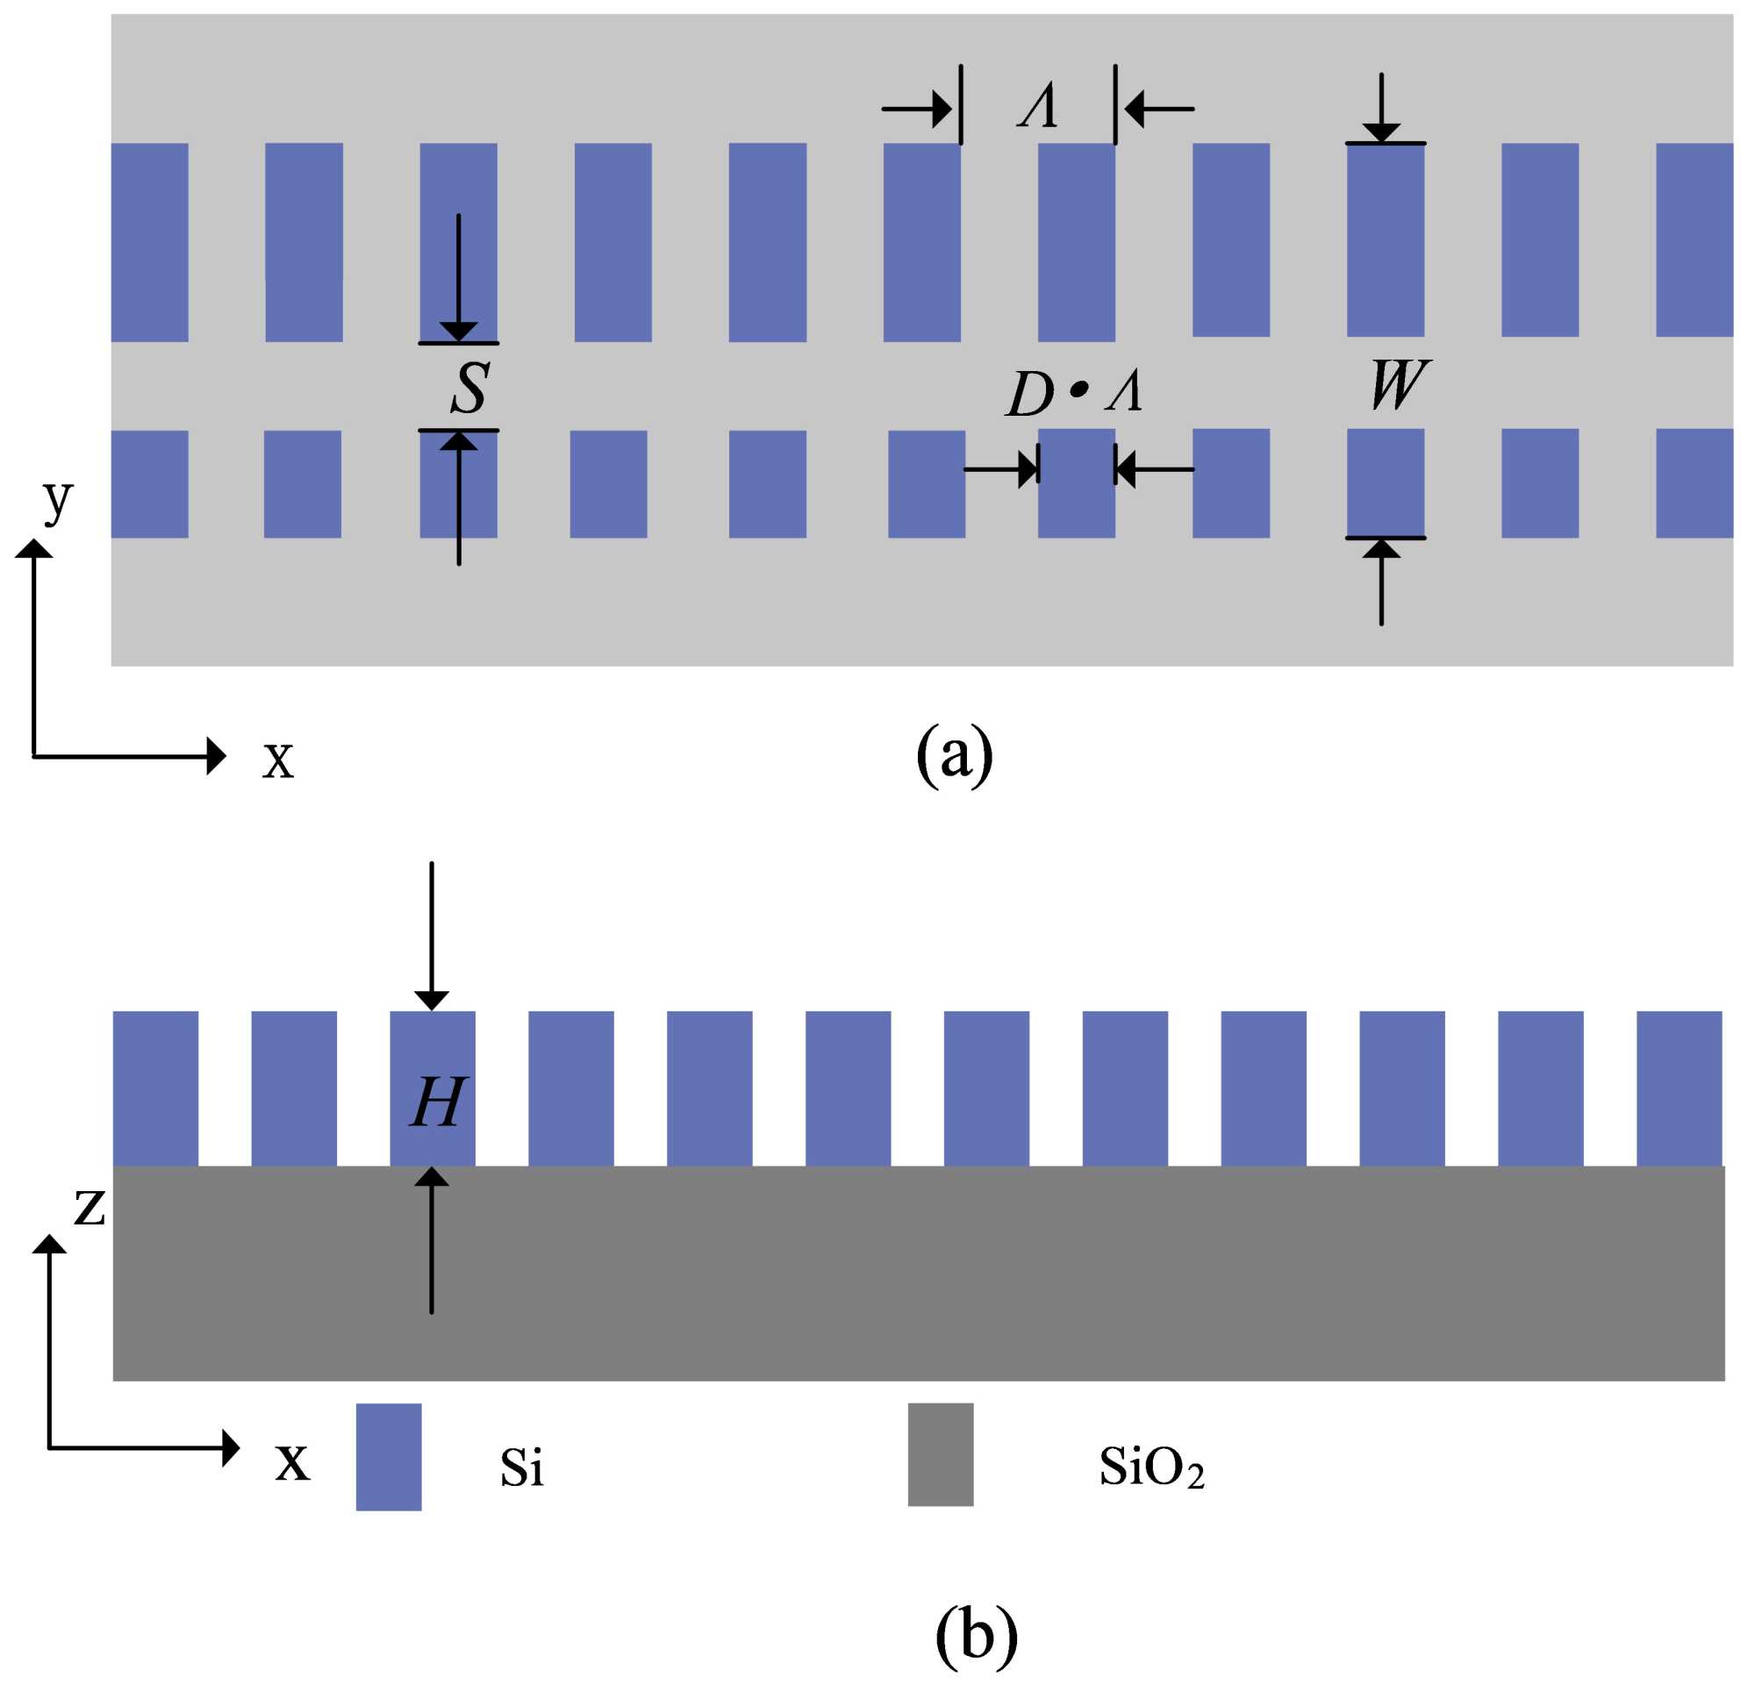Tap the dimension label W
pyautogui.click(x=1399, y=385)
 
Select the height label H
pyautogui.click(x=438, y=1102)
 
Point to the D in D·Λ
pyautogui.click(x=1029, y=394)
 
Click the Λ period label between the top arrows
pyautogui.click(x=1038, y=106)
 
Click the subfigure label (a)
pyautogui.click(x=955, y=754)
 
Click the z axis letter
pyautogui.click(x=90, y=1207)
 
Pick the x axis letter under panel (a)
pyautogui.click(x=277, y=760)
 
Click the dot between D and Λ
pyautogui.click(x=1080, y=389)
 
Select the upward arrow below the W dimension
pyautogui.click(x=1381, y=582)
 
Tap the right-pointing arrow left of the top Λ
pyautogui.click(x=917, y=110)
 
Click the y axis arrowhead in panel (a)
pyautogui.click(x=34, y=548)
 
